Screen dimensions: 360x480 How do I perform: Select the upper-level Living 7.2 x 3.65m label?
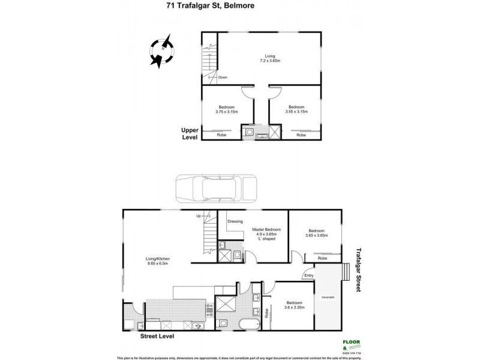pos(270,58)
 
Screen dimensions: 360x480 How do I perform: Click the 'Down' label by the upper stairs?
pos(223,77)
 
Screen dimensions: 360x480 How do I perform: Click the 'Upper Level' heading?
pos(190,133)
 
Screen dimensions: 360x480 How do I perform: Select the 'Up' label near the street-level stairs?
pos(199,216)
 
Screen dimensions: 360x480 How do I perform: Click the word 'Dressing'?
pos(235,221)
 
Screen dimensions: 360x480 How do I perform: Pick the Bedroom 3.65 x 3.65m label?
pos(316,233)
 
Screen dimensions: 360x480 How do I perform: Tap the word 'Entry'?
pos(308,275)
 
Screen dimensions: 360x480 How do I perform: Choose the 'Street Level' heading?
pos(157,337)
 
